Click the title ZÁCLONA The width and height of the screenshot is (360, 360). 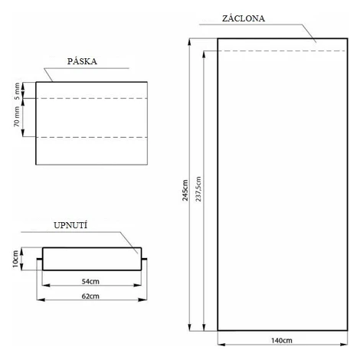[x=244, y=18]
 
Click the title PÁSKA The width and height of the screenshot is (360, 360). [x=82, y=61]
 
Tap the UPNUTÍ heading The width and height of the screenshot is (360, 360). [x=70, y=225]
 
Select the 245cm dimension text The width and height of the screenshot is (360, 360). [x=185, y=190]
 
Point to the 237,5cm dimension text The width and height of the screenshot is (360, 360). [x=198, y=189]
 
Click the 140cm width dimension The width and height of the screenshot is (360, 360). [x=282, y=340]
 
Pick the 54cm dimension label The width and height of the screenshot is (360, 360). [x=90, y=281]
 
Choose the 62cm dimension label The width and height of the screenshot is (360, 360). [x=90, y=296]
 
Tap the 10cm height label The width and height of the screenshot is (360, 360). [x=15, y=259]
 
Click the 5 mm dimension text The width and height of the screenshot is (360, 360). [x=17, y=91]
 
